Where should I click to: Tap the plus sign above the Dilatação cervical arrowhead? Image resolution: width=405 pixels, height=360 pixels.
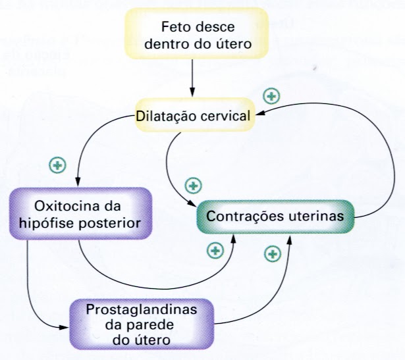(270, 96)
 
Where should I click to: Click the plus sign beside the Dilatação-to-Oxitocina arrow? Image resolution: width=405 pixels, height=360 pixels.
(58, 165)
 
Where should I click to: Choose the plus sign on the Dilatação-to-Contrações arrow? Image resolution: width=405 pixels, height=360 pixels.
(194, 184)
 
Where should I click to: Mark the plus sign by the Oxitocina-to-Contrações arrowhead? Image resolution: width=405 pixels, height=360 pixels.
(215, 250)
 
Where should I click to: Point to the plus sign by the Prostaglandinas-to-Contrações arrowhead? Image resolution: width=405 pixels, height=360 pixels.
(271, 253)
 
